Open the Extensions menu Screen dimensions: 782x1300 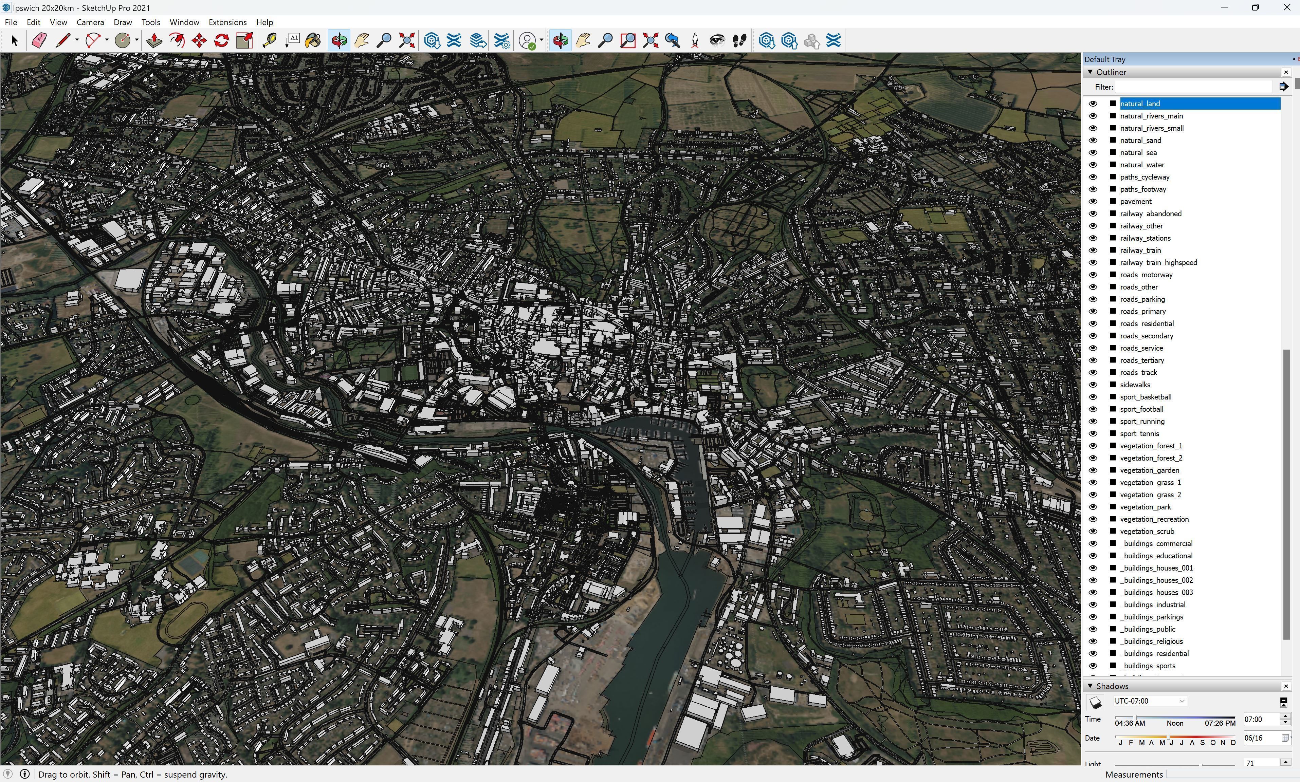[227, 22]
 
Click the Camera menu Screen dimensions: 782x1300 [90, 22]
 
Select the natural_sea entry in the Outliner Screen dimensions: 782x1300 [1138, 152]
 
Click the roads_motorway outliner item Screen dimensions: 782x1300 [1146, 275]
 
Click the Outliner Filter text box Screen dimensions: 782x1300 [1193, 87]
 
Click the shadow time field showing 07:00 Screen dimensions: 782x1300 [1261, 719]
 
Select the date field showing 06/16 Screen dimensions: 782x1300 [1261, 738]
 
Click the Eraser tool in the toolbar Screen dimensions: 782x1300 [39, 41]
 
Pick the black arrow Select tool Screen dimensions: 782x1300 [14, 41]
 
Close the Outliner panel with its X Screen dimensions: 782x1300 [1286, 72]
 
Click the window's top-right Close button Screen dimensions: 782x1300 [1286, 8]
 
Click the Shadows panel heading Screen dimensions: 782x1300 [1112, 686]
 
